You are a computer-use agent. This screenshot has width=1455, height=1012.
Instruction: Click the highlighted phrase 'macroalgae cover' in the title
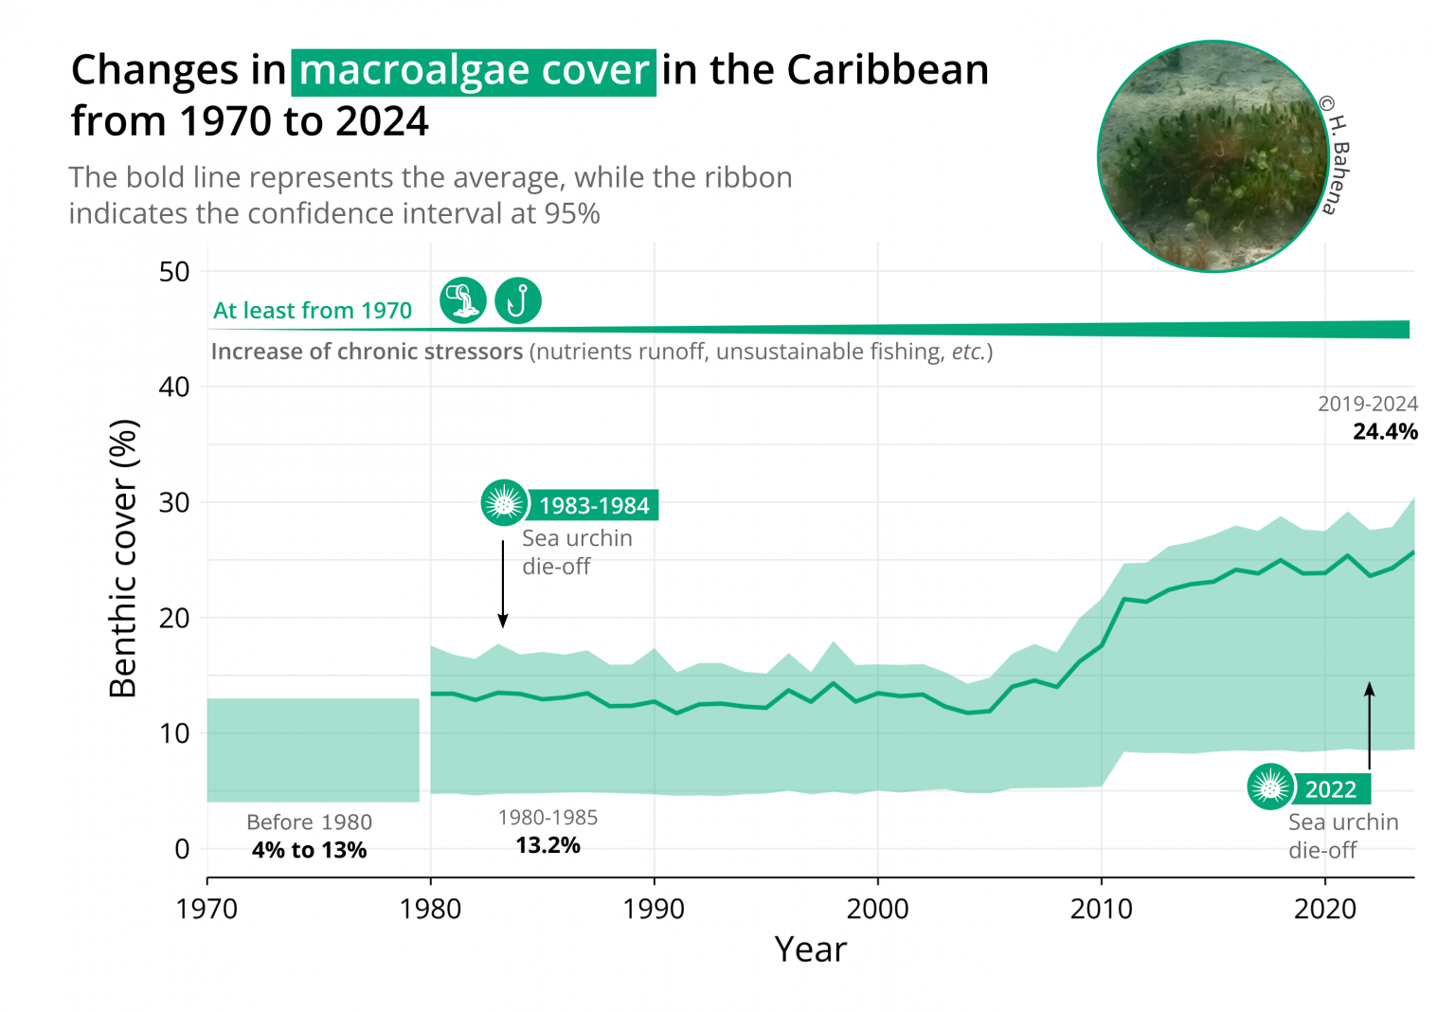(473, 71)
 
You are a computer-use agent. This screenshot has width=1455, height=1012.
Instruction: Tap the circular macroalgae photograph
(1212, 156)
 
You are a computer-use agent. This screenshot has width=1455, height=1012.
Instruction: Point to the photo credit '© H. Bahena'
(1336, 155)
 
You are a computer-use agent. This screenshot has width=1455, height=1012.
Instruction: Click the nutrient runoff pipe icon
(463, 301)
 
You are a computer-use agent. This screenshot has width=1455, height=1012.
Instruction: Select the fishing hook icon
(518, 301)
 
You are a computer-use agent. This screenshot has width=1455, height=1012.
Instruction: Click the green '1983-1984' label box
(594, 505)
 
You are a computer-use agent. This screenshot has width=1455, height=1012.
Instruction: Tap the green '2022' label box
(1331, 788)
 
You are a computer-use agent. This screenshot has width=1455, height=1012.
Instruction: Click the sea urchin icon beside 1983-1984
(504, 503)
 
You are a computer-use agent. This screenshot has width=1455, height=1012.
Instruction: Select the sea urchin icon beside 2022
(1270, 786)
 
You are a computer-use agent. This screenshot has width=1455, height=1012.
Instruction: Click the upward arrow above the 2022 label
(1369, 725)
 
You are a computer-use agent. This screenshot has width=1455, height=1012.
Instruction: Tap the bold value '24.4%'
(1385, 432)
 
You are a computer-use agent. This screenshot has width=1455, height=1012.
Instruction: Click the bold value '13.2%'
(548, 845)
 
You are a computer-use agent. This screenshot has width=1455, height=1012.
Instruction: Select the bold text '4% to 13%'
(309, 850)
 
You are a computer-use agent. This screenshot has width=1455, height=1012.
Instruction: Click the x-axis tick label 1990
(654, 910)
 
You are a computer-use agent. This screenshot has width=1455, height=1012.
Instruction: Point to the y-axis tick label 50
(174, 272)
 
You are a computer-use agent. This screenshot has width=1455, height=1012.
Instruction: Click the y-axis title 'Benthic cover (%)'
(123, 559)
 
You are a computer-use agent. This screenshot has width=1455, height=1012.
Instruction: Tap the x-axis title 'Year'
(810, 949)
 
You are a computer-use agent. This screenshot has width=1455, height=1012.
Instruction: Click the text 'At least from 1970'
(313, 311)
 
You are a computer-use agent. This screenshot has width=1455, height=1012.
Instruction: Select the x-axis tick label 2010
(1101, 910)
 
